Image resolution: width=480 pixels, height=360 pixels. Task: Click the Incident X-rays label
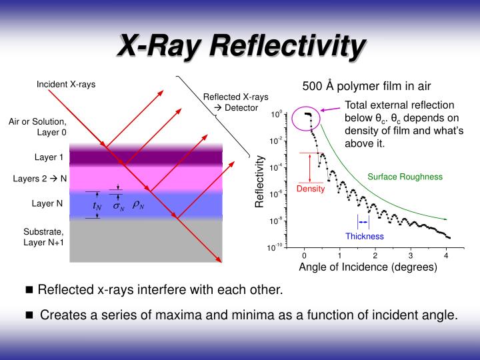click(66, 85)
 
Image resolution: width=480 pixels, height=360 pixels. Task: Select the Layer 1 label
click(49, 158)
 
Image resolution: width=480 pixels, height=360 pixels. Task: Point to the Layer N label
click(47, 203)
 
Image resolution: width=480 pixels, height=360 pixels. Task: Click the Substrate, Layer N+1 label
click(44, 237)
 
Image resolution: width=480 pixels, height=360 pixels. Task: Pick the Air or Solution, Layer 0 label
click(37, 127)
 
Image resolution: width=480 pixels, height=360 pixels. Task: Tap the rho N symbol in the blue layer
click(138, 205)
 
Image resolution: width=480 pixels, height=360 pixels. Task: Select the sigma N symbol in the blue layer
click(118, 207)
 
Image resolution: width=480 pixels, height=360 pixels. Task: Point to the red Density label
click(310, 189)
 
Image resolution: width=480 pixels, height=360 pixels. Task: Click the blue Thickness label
click(365, 236)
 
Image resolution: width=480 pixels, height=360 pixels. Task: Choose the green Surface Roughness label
click(405, 177)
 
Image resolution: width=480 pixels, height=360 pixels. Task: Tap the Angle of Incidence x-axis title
click(368, 267)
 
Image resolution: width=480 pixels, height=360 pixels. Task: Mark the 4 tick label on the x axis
click(446, 255)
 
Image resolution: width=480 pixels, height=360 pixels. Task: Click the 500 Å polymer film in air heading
click(367, 86)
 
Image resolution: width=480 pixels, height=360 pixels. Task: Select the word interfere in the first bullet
click(168, 290)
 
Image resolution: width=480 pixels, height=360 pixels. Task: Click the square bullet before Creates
click(29, 315)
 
